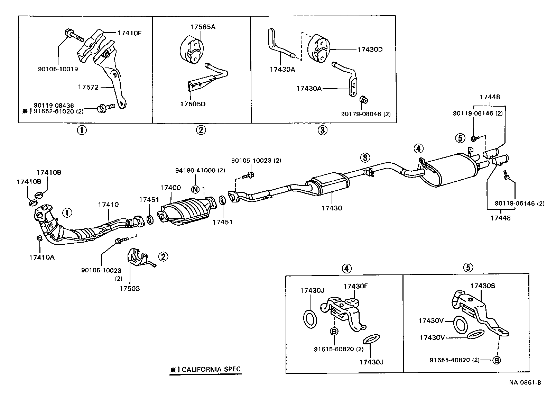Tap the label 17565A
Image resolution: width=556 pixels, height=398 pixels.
[202, 27]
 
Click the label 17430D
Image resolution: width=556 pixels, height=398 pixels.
[370, 49]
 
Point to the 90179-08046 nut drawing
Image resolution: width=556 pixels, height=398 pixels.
[363, 100]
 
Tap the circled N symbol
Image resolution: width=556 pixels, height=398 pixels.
[195, 189]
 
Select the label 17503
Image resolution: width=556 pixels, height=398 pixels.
[129, 288]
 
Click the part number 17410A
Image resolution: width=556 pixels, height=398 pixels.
[41, 257]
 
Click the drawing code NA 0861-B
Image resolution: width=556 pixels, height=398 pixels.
[525, 382]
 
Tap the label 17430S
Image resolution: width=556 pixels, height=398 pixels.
[483, 286]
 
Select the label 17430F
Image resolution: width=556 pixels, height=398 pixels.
[355, 286]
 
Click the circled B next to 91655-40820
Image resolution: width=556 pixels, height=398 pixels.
[496, 360]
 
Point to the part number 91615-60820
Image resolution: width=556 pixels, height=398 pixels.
[334, 349]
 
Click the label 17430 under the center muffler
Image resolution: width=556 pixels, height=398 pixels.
[331, 208]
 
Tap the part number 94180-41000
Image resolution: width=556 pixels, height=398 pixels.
[195, 170]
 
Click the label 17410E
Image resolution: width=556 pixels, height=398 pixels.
[129, 33]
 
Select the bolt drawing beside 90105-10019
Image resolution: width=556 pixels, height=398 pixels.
[72, 34]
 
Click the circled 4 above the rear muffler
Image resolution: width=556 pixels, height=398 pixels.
[418, 149]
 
